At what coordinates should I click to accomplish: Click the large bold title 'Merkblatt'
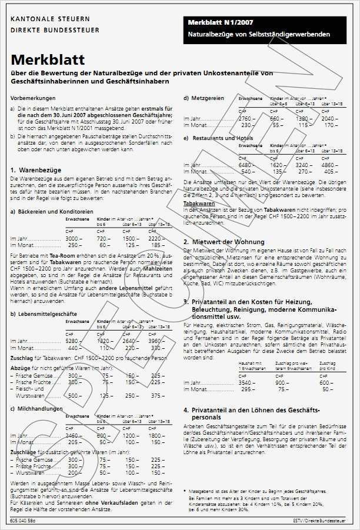tap(48, 60)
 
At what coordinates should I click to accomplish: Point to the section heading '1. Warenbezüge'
tap(36, 169)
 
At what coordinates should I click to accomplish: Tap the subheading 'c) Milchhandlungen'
tap(37, 408)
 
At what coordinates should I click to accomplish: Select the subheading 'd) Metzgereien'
tap(204, 98)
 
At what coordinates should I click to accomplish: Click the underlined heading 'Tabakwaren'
tap(199, 204)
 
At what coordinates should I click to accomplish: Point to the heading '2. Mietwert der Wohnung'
tap(224, 242)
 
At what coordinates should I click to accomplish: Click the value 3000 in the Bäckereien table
tap(71, 239)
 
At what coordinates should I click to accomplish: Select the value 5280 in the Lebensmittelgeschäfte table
tap(71, 341)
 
